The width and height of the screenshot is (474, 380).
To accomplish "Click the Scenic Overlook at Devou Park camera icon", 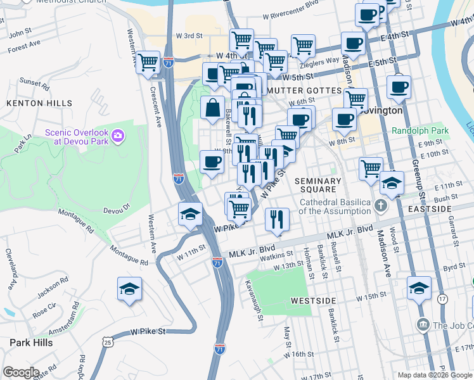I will (x=117, y=135).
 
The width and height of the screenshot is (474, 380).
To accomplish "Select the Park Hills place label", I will (x=31, y=342).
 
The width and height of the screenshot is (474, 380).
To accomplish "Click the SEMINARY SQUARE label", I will (x=318, y=185).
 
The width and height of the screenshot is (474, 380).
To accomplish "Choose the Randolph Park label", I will (x=420, y=131).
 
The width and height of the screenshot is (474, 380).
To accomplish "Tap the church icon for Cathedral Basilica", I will (x=380, y=205).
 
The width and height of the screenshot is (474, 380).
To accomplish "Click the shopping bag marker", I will (x=212, y=108).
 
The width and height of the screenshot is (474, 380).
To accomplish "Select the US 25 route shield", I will (x=108, y=343).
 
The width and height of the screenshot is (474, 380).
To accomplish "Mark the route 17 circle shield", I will (x=442, y=298).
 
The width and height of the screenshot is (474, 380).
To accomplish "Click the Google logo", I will (x=21, y=372).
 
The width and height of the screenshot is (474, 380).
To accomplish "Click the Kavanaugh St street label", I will (x=253, y=300).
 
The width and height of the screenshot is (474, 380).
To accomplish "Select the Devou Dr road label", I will (x=115, y=207).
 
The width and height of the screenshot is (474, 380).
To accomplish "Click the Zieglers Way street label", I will (x=323, y=62).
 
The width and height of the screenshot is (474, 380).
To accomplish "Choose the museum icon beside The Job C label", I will (x=423, y=324).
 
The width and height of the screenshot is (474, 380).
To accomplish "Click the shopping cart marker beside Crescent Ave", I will (x=148, y=63).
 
